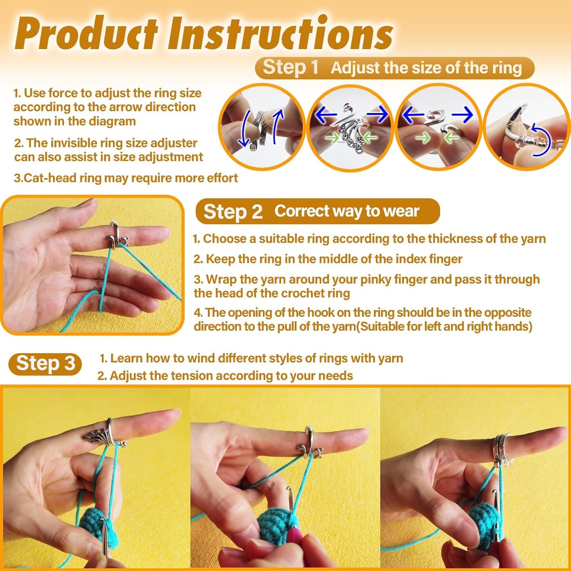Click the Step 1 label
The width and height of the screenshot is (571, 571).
(290, 67)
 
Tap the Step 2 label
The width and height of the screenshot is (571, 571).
(233, 212)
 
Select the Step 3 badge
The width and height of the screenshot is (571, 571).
(45, 364)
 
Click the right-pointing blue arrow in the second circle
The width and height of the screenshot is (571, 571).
(377, 114)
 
